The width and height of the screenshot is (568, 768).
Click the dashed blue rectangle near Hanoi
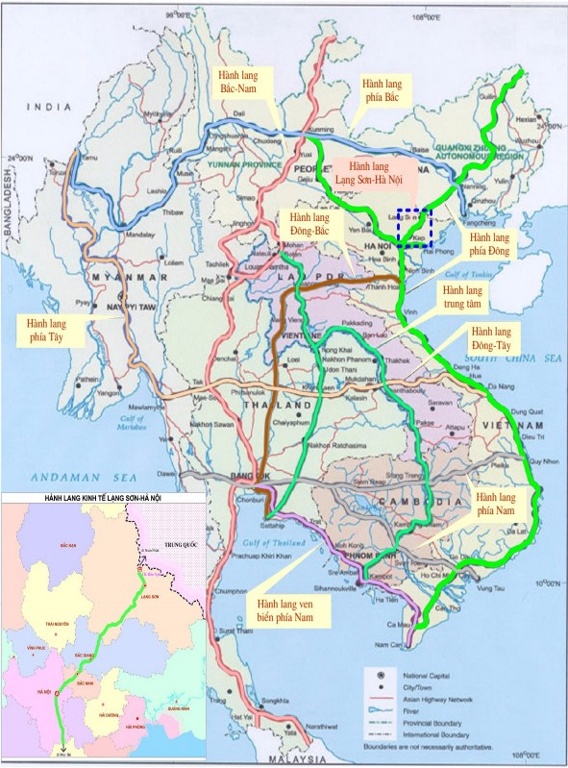pos(415,228)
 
